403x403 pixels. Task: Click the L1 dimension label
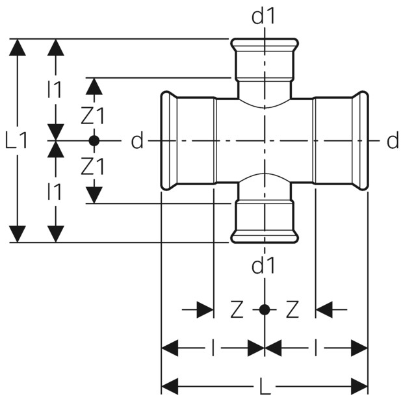[16, 141]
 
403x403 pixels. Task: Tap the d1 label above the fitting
[263, 17]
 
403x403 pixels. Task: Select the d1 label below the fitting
[263, 266]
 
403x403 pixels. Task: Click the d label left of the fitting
[137, 141]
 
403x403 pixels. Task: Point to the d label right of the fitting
[393, 141]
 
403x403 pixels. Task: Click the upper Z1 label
[93, 116]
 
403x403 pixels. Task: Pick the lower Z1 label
[93, 166]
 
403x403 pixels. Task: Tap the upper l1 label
[55, 89]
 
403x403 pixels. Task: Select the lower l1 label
[55, 191]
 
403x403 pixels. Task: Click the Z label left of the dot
[237, 309]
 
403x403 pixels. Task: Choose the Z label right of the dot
[292, 309]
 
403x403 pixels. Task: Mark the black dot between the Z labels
[265, 309]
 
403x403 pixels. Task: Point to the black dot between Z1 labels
[94, 140]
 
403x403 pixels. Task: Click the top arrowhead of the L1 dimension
[17, 47]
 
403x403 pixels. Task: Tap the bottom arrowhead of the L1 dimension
[17, 234]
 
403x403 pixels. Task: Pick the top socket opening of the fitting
[265, 42]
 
